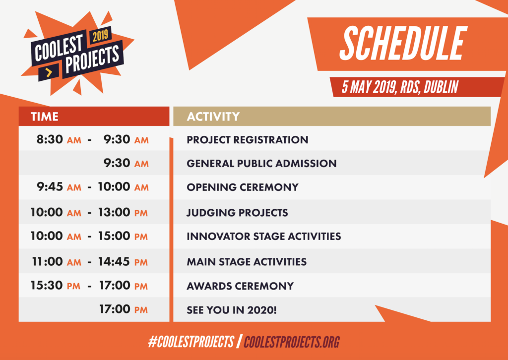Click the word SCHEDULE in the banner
point(403,43)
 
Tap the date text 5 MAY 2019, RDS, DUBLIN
point(400,87)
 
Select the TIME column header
point(44,117)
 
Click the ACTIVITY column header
point(213,117)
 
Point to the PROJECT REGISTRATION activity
point(248,140)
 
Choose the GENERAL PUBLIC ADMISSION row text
point(262,164)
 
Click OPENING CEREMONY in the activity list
point(243,187)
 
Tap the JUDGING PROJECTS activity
point(238,213)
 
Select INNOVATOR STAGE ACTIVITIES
point(264,237)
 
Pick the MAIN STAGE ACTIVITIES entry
point(247,262)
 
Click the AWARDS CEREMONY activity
point(241,286)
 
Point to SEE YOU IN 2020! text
point(232,310)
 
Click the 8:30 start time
point(50,139)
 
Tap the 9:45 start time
point(50,187)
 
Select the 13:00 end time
point(115,212)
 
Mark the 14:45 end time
point(115,262)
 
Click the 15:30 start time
point(47,286)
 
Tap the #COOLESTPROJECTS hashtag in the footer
point(191,342)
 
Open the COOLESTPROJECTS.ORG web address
point(292,342)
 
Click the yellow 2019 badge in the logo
point(100,36)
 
